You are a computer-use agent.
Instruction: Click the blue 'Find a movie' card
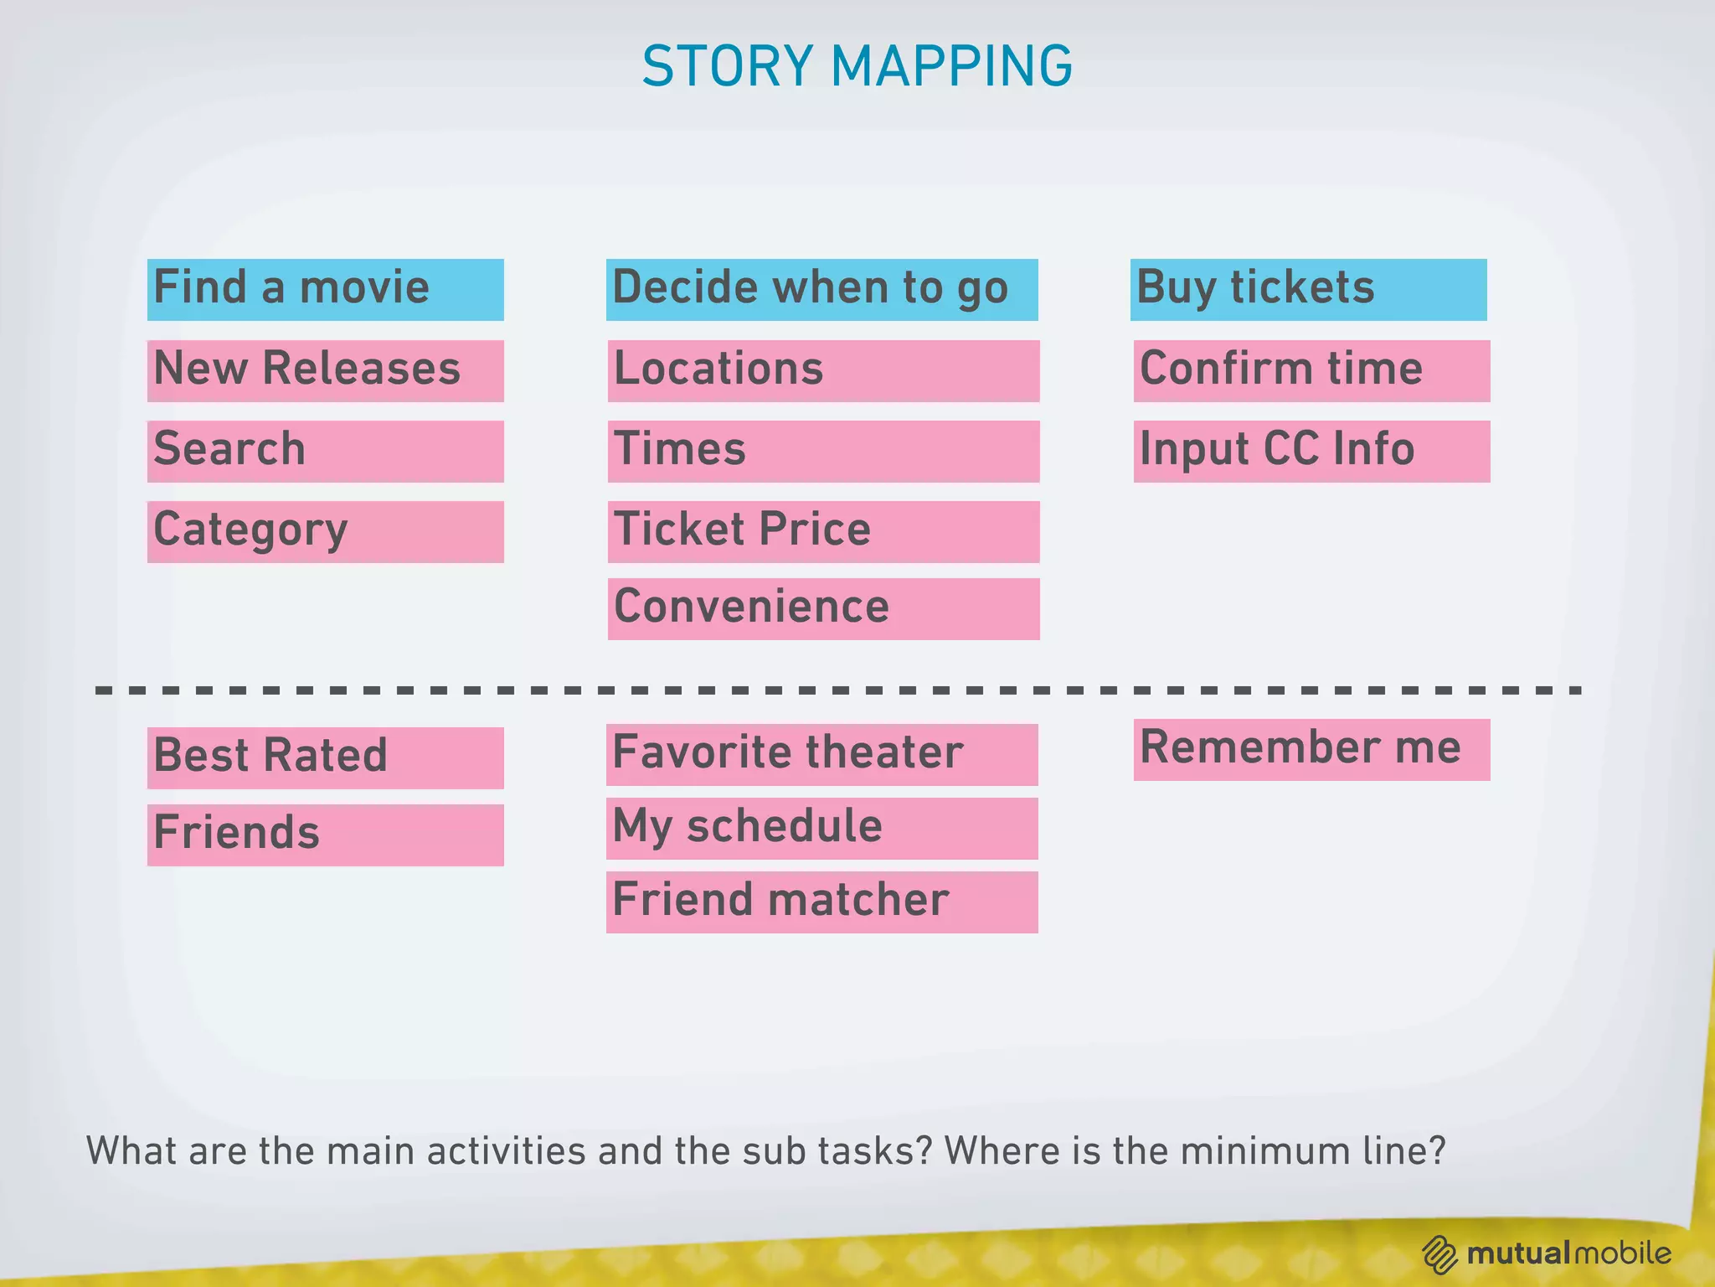(x=325, y=289)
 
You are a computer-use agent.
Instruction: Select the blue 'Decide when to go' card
(x=821, y=289)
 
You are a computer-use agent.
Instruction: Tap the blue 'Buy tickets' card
(x=1308, y=289)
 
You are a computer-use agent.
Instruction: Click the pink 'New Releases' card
(x=325, y=370)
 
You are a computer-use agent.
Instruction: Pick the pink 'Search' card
(x=325, y=451)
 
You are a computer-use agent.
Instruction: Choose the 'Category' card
(x=325, y=531)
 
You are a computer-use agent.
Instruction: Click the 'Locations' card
(x=823, y=370)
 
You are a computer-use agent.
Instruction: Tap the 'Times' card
(x=823, y=451)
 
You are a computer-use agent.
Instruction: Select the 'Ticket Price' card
(x=823, y=531)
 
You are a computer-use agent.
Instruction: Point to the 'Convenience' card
(x=823, y=608)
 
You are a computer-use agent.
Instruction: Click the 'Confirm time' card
(x=1311, y=370)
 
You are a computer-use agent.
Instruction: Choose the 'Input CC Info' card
(x=1311, y=451)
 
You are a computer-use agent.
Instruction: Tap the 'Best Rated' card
(x=325, y=757)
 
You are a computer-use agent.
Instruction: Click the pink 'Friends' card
(x=325, y=835)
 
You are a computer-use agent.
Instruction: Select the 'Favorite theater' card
(x=821, y=754)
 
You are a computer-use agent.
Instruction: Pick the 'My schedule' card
(x=821, y=828)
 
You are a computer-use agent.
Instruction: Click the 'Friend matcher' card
(x=821, y=902)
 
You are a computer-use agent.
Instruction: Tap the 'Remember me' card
(x=1311, y=749)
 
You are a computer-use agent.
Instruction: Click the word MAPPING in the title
(x=951, y=66)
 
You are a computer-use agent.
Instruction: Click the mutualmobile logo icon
(x=1439, y=1254)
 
